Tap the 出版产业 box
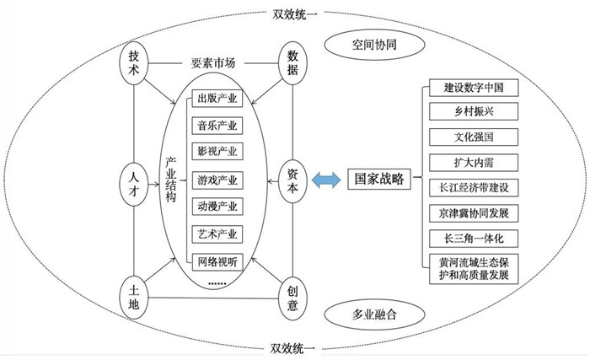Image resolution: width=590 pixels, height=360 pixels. (x=217, y=99)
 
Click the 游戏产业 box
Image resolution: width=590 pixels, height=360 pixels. (x=217, y=180)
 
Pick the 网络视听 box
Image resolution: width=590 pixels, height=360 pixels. (x=217, y=260)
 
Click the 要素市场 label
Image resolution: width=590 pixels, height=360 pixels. (x=213, y=62)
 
